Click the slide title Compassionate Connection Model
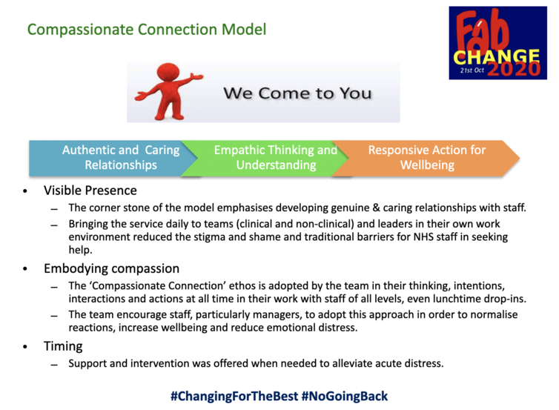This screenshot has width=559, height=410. point(147,30)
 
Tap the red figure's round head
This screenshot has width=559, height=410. point(168,72)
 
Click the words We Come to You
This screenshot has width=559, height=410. point(297,93)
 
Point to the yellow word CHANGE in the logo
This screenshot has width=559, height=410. point(496,57)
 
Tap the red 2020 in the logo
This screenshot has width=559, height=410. point(514,69)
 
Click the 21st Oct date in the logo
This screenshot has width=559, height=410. point(472,70)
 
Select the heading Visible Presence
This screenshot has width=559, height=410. point(90,191)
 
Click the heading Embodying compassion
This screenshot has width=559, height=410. point(112,268)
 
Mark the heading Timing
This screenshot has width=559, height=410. point(63,346)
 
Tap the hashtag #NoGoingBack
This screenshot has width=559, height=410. point(345,396)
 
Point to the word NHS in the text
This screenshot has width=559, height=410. point(423,237)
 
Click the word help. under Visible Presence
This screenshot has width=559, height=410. point(80,250)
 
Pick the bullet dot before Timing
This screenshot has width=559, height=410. point(25,346)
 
